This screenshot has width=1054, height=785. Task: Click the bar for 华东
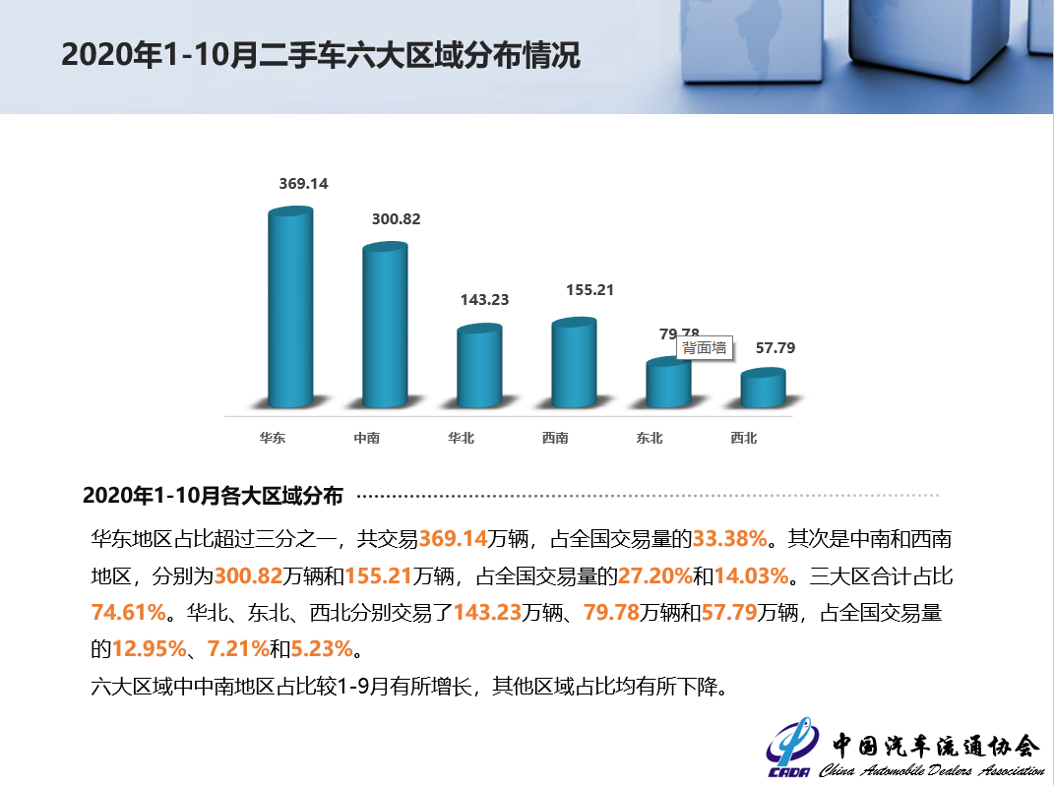(290, 310)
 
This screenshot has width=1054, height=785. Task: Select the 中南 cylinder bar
(385, 327)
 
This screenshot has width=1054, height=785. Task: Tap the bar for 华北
(479, 367)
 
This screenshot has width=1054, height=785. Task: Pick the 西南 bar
(574, 363)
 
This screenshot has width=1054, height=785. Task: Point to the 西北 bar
(763, 389)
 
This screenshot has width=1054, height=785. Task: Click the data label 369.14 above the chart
(303, 184)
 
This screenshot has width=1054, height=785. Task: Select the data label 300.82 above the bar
(396, 219)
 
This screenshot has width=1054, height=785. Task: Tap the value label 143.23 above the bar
(484, 300)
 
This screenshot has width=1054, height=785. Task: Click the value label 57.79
(775, 347)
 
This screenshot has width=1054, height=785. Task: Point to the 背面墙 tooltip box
(705, 347)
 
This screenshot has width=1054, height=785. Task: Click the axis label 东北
(650, 438)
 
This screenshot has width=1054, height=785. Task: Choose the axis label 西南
(555, 438)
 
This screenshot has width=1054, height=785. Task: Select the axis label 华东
(273, 438)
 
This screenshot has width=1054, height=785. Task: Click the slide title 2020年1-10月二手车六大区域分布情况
(321, 55)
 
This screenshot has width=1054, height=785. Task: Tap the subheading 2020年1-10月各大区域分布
(213, 496)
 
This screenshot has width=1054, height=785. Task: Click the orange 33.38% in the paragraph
(729, 539)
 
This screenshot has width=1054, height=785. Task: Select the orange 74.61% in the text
(128, 613)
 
